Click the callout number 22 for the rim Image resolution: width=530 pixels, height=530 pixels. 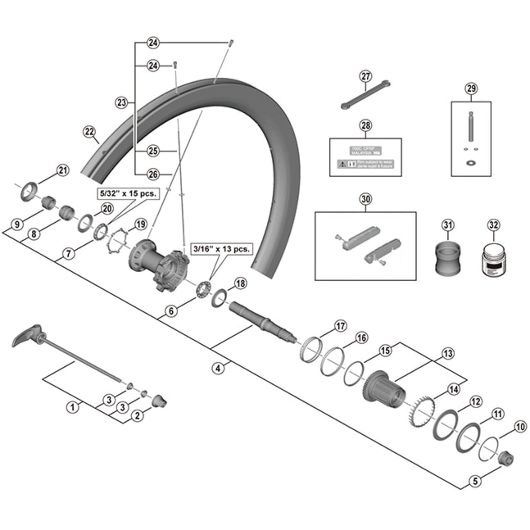click(x=89, y=131)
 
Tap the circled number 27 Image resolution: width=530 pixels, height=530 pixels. click(x=366, y=77)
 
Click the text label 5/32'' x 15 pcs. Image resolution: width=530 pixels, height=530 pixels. click(x=128, y=193)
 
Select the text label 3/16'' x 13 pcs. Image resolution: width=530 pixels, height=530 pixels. click(x=221, y=249)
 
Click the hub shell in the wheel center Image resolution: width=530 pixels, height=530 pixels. click(x=159, y=263)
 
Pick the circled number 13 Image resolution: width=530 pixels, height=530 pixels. click(x=448, y=353)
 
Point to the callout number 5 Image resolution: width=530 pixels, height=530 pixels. click(x=475, y=488)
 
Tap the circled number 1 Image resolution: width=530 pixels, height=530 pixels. click(x=72, y=407)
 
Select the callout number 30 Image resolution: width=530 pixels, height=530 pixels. click(x=366, y=199)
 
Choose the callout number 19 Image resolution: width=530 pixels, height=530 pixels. click(x=140, y=224)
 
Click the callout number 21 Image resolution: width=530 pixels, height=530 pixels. click(x=63, y=170)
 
